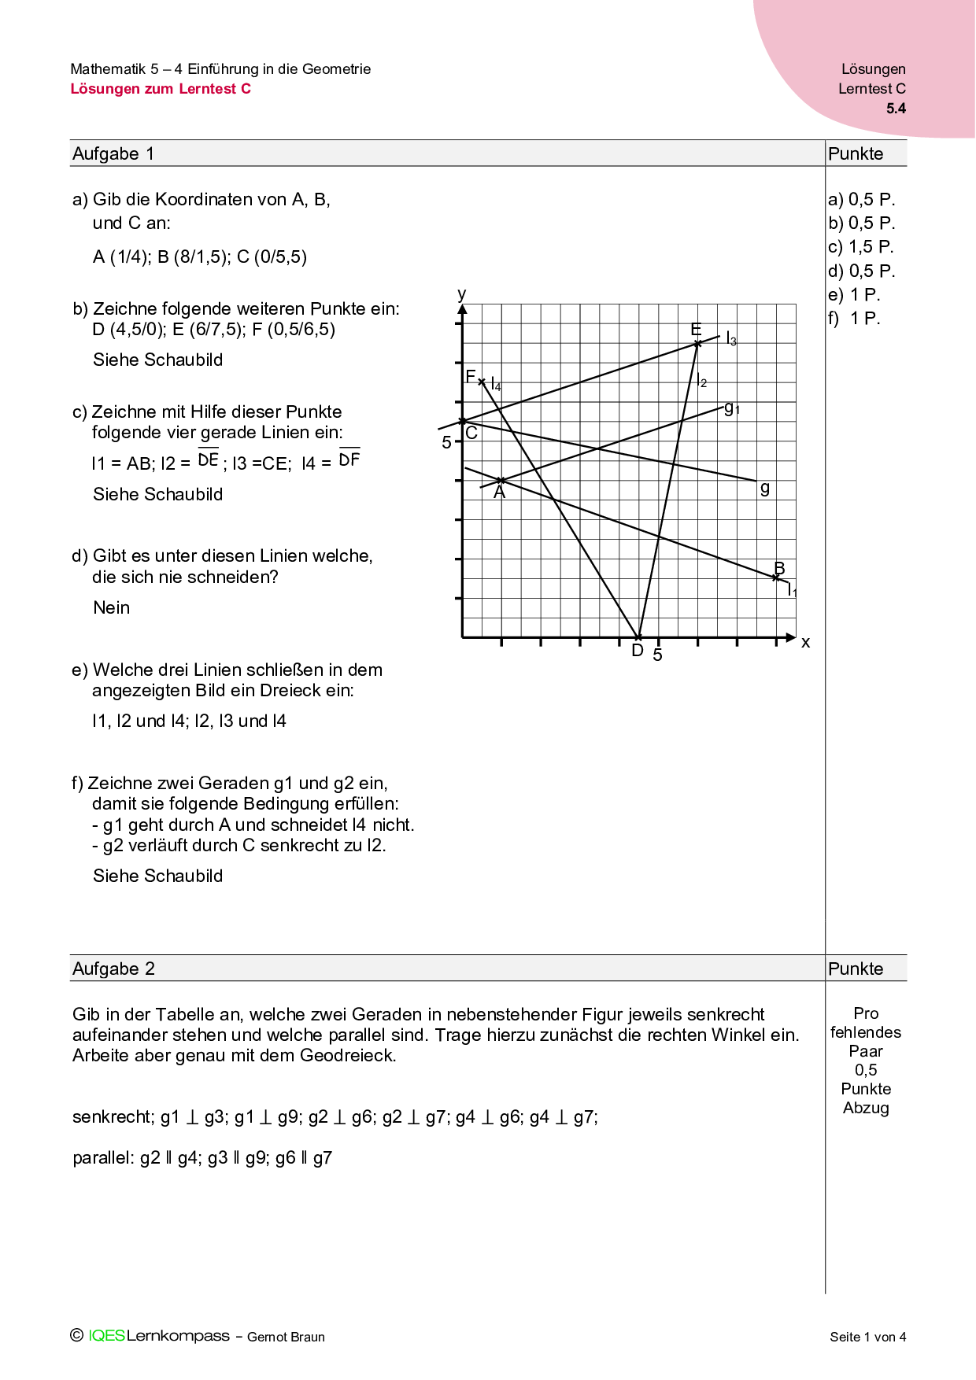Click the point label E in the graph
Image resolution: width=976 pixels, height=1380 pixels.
click(696, 329)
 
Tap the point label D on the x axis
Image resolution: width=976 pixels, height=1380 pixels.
click(638, 651)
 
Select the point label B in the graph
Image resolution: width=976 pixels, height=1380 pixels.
click(779, 568)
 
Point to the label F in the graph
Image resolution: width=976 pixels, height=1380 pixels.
click(471, 377)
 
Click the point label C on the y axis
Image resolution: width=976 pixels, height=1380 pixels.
click(471, 433)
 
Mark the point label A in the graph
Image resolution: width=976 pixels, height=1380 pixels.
click(499, 493)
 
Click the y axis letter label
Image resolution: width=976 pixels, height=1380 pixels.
click(462, 294)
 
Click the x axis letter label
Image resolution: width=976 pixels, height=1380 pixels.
click(805, 642)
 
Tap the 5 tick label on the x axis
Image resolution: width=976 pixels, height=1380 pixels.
click(657, 655)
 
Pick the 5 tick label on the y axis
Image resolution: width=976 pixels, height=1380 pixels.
click(446, 442)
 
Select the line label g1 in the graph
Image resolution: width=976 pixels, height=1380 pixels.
click(731, 408)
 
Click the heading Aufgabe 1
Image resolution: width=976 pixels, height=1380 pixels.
click(113, 153)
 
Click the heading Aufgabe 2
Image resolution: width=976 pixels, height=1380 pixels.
click(113, 969)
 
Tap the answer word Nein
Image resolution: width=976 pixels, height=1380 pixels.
click(111, 607)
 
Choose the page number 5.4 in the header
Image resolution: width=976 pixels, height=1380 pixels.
click(896, 109)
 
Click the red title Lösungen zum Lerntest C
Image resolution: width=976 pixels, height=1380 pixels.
click(161, 89)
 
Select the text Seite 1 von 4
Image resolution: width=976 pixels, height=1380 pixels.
click(867, 1337)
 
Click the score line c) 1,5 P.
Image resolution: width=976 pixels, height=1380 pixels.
click(861, 247)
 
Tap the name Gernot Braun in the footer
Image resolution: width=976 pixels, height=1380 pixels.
click(286, 1337)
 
